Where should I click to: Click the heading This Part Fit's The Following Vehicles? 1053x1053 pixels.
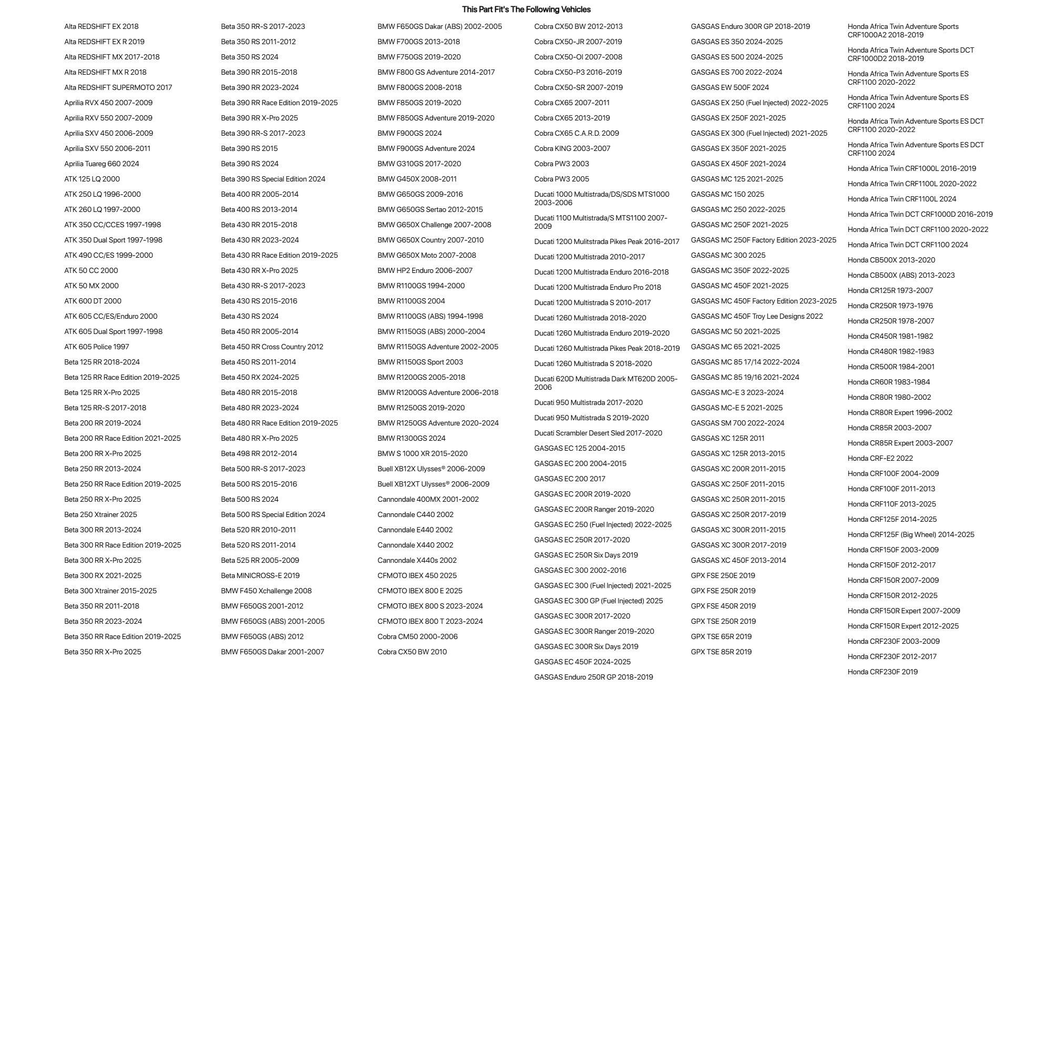point(526,9)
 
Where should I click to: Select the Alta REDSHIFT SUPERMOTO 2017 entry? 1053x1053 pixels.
point(118,87)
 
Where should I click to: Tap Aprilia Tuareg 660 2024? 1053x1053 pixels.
point(102,164)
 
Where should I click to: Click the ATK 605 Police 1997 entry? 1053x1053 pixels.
point(96,347)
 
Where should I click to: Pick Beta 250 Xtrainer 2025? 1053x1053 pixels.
point(100,514)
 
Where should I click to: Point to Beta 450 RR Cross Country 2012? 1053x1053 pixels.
point(271,347)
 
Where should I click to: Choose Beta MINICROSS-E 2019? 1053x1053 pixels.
point(260,575)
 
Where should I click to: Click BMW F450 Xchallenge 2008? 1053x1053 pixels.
point(266,591)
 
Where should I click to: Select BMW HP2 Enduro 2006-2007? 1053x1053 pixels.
point(424,270)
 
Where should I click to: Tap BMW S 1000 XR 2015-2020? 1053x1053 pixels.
point(422,453)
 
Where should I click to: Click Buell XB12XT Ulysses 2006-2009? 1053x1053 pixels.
point(433,484)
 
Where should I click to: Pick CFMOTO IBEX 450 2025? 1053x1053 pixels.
point(417,575)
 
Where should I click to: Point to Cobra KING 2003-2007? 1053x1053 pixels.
point(572,148)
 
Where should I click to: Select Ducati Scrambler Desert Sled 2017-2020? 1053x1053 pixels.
point(598,433)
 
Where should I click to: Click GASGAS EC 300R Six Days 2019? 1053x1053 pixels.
point(586,646)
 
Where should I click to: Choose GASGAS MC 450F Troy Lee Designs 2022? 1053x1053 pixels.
point(756,316)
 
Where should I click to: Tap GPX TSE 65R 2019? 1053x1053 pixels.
point(721,636)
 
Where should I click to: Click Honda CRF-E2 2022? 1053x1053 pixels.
point(879,458)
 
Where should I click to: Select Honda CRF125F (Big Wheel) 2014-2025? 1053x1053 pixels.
point(911,535)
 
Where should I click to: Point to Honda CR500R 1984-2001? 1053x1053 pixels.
point(890,367)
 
